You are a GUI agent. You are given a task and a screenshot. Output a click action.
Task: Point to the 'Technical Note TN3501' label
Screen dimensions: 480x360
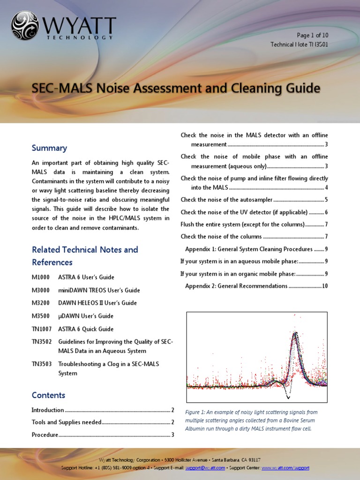coord(299,45)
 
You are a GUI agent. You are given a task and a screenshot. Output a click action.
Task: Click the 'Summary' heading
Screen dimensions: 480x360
coord(49,148)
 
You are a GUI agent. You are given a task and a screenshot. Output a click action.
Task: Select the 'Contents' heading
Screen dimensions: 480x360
coord(48,395)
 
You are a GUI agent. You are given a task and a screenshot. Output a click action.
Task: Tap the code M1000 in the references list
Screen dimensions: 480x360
coord(40,277)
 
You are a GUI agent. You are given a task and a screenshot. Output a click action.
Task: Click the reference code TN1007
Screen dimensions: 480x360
coord(41,329)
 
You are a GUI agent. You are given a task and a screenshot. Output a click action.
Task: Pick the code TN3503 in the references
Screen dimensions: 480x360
coord(41,364)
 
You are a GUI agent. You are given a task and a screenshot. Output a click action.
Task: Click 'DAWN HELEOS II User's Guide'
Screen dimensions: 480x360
coord(97,303)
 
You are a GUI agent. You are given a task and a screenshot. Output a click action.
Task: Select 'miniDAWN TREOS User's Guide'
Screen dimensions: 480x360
coord(99,290)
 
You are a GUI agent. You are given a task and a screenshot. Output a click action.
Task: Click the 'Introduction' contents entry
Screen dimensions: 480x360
coord(48,410)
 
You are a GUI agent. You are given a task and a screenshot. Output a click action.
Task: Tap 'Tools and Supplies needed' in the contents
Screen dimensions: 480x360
coord(67,422)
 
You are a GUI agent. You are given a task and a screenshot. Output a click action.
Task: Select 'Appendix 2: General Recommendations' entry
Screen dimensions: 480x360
coord(236,286)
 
